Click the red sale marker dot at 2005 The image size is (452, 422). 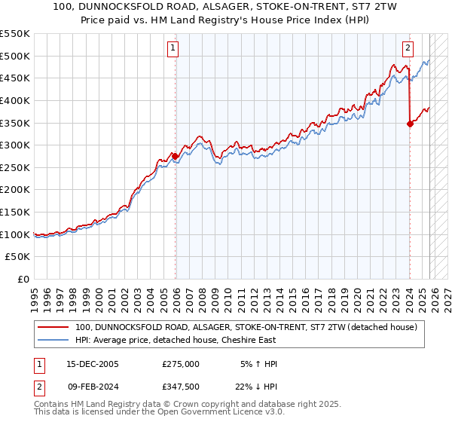coord(176,156)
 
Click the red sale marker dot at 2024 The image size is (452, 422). coord(410,124)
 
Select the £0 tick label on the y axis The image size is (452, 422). coord(24,279)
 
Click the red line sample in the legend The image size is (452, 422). coord(53,327)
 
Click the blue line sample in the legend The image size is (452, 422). coord(53,341)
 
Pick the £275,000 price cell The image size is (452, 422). coord(180,364)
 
